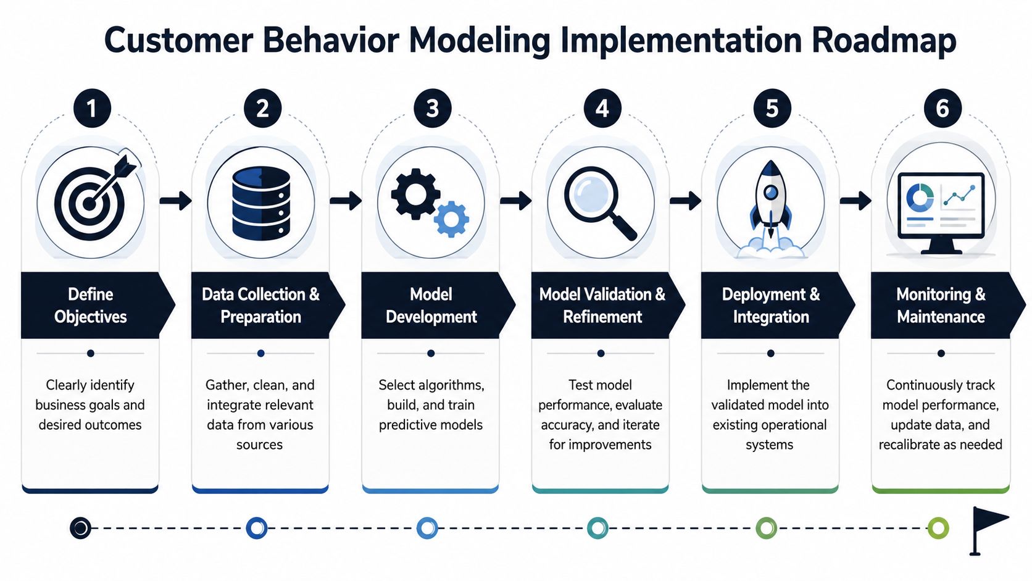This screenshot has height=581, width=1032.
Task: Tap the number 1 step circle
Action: click(x=92, y=108)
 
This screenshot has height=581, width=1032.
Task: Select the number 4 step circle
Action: click(x=602, y=108)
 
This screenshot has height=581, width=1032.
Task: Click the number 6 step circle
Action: click(x=942, y=108)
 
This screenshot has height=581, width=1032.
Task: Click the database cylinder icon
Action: click(x=261, y=203)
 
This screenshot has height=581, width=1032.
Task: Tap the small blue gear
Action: click(x=452, y=219)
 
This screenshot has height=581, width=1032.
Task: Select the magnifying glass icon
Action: click(x=601, y=203)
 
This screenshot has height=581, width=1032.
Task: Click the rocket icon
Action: click(x=771, y=208)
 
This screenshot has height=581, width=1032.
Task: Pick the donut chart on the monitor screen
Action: click(x=920, y=198)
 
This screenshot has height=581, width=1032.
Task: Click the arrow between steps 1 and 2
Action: click(x=175, y=201)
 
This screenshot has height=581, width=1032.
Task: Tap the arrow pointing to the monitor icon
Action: click(x=855, y=201)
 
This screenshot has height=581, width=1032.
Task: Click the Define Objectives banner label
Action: click(x=90, y=306)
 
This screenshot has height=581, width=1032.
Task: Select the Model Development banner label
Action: click(x=431, y=306)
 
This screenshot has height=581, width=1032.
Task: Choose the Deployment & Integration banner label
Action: click(x=771, y=306)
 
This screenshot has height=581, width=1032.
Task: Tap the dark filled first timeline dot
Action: click(x=81, y=528)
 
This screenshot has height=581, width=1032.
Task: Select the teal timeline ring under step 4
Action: click(x=597, y=528)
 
